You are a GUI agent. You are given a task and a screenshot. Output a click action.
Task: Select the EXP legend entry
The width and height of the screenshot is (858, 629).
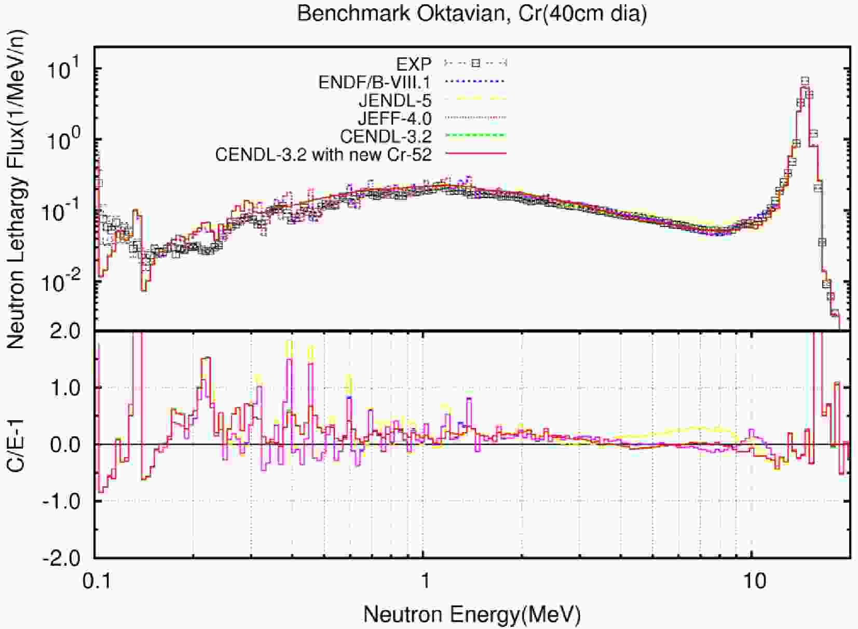pyautogui.click(x=414, y=64)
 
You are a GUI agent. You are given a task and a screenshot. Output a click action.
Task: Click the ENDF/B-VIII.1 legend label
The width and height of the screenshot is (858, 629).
pyautogui.click(x=375, y=82)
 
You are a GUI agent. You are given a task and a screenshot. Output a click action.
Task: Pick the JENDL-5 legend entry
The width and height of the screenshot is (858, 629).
pyautogui.click(x=395, y=100)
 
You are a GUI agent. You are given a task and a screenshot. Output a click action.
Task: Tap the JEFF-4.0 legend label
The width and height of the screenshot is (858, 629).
pyautogui.click(x=394, y=118)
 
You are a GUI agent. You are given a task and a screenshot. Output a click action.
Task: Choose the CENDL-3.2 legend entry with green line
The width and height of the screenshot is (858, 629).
pyautogui.click(x=386, y=137)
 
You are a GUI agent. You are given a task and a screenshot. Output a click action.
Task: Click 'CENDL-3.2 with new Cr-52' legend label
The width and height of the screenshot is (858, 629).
pyautogui.click(x=323, y=155)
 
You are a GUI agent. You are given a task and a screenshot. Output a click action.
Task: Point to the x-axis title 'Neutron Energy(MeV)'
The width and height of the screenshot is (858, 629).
pyautogui.click(x=472, y=614)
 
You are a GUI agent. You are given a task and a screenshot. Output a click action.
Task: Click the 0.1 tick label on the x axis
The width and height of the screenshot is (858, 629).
pyautogui.click(x=96, y=580)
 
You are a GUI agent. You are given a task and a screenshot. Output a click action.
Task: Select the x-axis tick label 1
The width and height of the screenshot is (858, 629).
pyautogui.click(x=424, y=580)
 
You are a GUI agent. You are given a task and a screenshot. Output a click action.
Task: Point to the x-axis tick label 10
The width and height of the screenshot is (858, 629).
pyautogui.click(x=752, y=580)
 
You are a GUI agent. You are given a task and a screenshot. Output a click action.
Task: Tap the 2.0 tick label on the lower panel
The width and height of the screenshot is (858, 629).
pyautogui.click(x=67, y=331)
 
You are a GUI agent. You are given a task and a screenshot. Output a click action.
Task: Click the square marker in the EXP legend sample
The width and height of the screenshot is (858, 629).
pyautogui.click(x=475, y=63)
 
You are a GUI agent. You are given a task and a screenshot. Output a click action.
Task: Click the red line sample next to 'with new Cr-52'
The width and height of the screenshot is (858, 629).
pyautogui.click(x=475, y=154)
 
